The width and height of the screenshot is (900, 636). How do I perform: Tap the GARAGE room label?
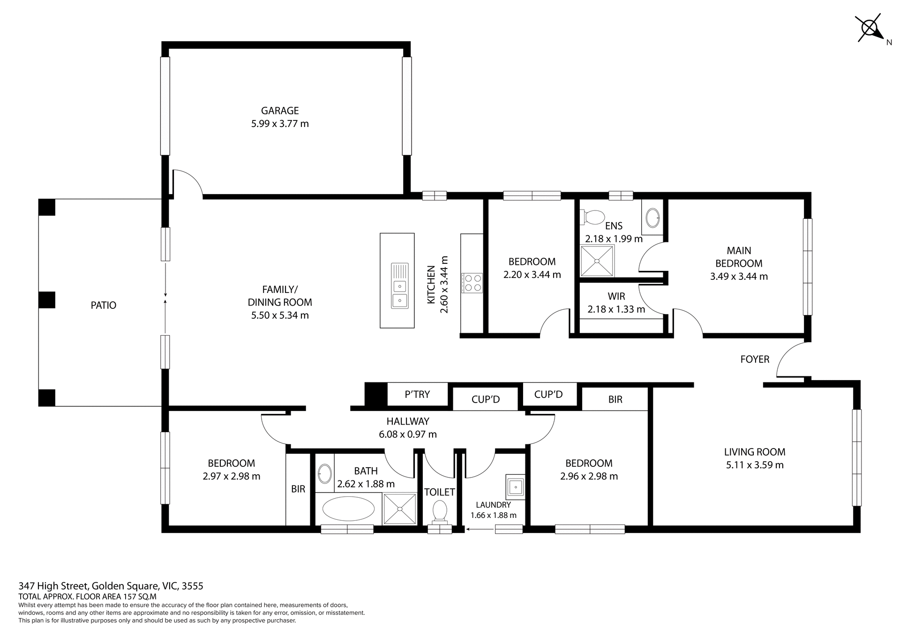click(x=280, y=111)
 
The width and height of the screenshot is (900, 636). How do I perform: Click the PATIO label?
click(x=103, y=305)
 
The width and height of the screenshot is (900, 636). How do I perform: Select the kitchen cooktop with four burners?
click(x=472, y=283)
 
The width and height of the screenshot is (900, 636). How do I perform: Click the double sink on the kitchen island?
click(x=399, y=292)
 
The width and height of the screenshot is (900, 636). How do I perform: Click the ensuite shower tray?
click(x=597, y=261)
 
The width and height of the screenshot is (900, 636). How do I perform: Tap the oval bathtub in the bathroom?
click(x=348, y=509)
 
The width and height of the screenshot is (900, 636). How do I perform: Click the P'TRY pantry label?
click(x=417, y=395)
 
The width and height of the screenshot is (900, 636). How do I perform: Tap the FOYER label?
click(x=755, y=359)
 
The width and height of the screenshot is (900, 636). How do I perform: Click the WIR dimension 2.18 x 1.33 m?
click(x=616, y=309)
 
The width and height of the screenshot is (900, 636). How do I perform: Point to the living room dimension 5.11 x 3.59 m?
click(x=755, y=465)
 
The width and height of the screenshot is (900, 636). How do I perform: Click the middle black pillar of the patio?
click(x=46, y=300)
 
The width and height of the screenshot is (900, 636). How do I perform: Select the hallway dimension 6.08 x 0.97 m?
click(x=407, y=434)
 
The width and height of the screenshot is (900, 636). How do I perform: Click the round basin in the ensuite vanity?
click(x=652, y=218)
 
